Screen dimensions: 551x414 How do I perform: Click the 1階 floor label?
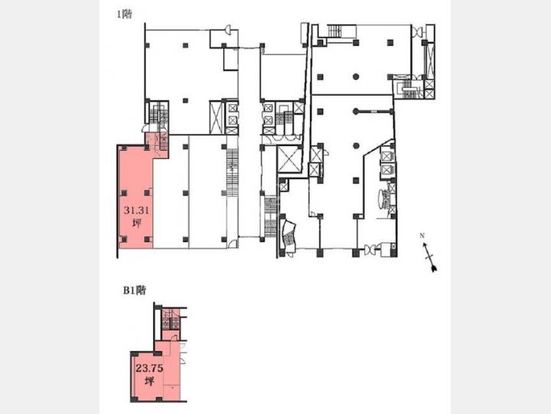[125, 15]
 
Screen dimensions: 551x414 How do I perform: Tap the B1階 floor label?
[134, 291]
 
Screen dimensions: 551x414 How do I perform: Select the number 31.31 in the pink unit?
[136, 210]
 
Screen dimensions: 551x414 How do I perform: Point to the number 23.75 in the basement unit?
[149, 368]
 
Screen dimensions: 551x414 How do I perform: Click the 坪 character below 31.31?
[137, 223]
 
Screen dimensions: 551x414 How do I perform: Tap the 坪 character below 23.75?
[150, 381]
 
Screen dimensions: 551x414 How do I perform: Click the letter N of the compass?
[422, 236]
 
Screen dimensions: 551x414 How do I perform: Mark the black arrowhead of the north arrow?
[434, 269]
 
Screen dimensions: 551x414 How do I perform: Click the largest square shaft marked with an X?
[289, 159]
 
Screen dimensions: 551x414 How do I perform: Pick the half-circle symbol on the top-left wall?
[228, 30]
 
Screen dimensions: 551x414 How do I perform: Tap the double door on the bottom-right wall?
[370, 250]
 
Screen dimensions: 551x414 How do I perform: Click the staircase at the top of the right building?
[334, 31]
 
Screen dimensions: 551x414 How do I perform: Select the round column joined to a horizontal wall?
[356, 112]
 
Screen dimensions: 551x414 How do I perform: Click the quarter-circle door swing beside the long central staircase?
[233, 243]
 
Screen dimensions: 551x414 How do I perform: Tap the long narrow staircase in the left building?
[233, 183]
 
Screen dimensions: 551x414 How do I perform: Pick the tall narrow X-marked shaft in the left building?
[215, 117]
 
